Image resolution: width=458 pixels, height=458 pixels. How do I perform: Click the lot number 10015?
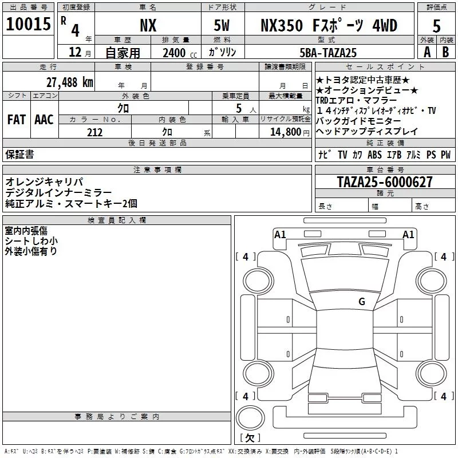(28, 24)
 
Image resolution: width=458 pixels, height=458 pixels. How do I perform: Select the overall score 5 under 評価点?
(436, 26)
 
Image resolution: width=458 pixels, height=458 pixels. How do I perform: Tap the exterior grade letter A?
(427, 52)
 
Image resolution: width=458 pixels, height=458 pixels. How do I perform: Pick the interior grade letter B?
(445, 52)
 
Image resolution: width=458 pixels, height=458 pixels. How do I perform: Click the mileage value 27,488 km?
(69, 82)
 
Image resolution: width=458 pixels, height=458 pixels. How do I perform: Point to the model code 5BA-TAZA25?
(328, 53)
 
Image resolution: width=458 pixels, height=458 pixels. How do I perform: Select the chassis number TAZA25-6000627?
(385, 182)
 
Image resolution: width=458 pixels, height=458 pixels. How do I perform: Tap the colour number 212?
(94, 132)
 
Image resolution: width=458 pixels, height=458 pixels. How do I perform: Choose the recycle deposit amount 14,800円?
(290, 132)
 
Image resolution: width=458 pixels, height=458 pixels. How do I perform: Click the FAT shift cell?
(17, 120)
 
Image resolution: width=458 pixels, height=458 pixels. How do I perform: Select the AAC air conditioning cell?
(44, 120)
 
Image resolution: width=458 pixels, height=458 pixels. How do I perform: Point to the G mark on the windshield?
(362, 301)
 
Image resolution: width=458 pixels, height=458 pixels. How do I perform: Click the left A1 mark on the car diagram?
(280, 235)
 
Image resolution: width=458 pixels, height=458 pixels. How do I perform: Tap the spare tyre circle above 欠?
(250, 417)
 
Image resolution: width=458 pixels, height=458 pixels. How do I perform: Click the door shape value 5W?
(222, 25)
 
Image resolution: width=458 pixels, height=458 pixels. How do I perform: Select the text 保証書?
(19, 154)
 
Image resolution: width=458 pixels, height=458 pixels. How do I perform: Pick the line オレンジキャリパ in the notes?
(45, 181)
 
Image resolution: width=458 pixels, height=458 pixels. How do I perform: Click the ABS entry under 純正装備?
(374, 155)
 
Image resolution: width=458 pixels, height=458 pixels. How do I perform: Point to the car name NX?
(148, 25)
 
